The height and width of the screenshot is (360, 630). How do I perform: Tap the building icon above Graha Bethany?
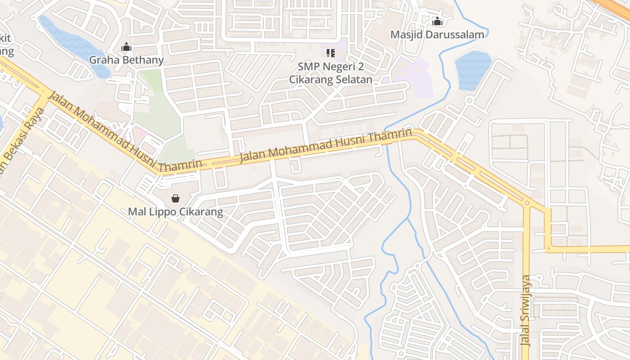click(x=126, y=47)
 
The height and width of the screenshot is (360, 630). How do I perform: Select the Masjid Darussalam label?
click(x=437, y=35)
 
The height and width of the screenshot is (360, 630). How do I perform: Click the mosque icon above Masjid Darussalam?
click(x=437, y=21)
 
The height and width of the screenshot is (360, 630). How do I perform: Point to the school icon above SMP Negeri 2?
click(x=331, y=54)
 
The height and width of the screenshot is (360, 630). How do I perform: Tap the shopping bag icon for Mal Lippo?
click(x=175, y=198)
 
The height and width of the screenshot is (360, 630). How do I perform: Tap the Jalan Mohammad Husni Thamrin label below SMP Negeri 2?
click(x=326, y=145)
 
